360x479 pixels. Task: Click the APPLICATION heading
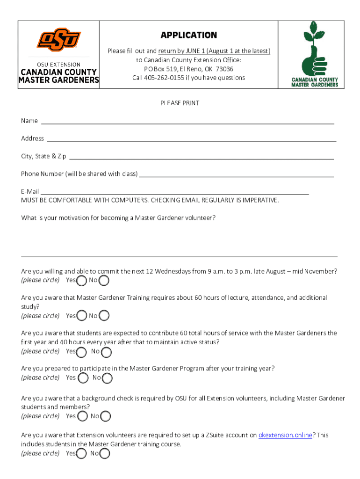(x=189, y=36)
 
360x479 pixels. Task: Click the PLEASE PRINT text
(x=180, y=103)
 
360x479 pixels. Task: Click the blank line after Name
(x=187, y=123)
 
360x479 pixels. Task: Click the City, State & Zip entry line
(x=201, y=158)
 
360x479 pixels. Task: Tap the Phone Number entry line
(x=237, y=176)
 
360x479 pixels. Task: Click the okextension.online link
(x=285, y=435)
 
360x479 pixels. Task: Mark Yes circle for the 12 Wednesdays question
(x=82, y=281)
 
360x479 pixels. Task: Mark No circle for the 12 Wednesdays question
(x=104, y=281)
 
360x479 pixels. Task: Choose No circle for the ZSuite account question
(x=105, y=453)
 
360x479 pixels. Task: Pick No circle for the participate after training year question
(x=107, y=378)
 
